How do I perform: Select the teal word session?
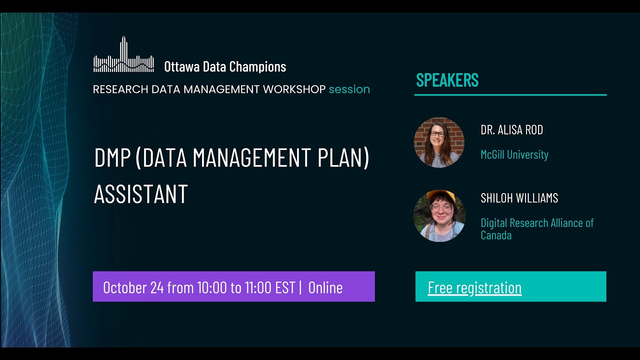pos(349,89)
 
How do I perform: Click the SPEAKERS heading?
pos(447,80)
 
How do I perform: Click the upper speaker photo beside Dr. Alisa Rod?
pos(439,142)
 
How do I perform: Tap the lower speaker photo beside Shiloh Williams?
pos(439,216)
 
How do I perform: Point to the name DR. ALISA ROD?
pos(511,130)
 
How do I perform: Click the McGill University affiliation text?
pos(514,154)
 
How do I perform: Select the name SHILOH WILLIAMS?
pos(519,198)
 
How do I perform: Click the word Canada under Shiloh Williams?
pos(496,235)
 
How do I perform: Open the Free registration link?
pos(474,287)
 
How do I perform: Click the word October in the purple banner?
pos(125,287)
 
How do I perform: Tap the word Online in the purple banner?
pos(325,287)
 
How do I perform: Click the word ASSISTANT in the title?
pos(140,194)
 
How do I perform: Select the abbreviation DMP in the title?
pos(112,158)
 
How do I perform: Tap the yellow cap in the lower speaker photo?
pos(440,195)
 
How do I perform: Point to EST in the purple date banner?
pos(285,287)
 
